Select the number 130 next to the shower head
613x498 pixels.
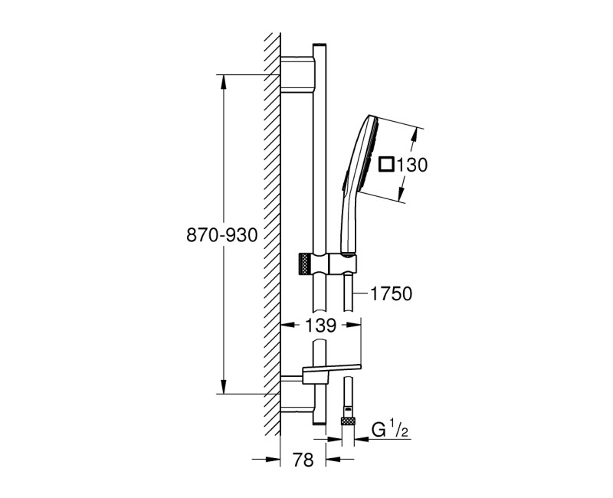pos(411,164)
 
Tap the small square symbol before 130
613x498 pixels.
pos(387,164)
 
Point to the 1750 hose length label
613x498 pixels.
pos(392,293)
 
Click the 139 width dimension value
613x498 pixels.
pos(321,325)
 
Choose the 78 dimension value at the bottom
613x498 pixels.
pos(304,460)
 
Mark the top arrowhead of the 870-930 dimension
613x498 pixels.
pos(223,80)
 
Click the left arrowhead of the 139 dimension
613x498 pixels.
pos(287,325)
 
